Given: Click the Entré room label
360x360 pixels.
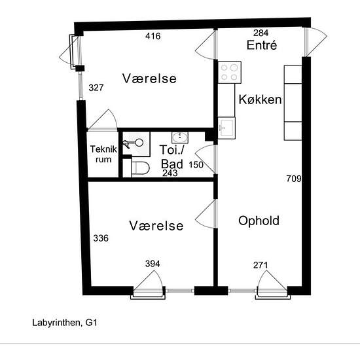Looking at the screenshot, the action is pos(262,45).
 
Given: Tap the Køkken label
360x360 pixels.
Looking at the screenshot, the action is pos(260,99).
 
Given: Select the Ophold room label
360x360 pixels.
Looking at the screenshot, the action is pos(259,221).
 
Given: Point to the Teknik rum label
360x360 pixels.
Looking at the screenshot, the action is pos(103,154).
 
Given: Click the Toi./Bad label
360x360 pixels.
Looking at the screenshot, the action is pos(172,157).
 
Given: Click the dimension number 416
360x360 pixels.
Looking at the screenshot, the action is pos(153,36).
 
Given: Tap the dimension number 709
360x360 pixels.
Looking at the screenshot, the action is pos(294,179).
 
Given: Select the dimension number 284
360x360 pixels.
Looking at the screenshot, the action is pos(261,33).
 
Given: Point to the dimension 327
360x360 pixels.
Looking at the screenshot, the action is pos(96,88).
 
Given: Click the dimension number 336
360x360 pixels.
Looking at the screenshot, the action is pos(101,238).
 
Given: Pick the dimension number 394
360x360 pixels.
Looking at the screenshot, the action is pos(153,264).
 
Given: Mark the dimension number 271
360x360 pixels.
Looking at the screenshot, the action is pos(261,265).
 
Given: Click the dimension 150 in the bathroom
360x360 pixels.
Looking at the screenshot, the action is pos(196,165).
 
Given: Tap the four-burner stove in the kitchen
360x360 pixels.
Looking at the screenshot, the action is pos(229,72).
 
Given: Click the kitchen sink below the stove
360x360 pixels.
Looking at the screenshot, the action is pos(226,128).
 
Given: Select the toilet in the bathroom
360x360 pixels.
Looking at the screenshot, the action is pos(140,168).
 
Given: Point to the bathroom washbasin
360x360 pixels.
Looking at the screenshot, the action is pos(180,137).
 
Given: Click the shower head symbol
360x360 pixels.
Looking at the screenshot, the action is pos(134,143).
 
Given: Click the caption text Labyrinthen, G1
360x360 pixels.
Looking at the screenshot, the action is pos(65,323).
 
